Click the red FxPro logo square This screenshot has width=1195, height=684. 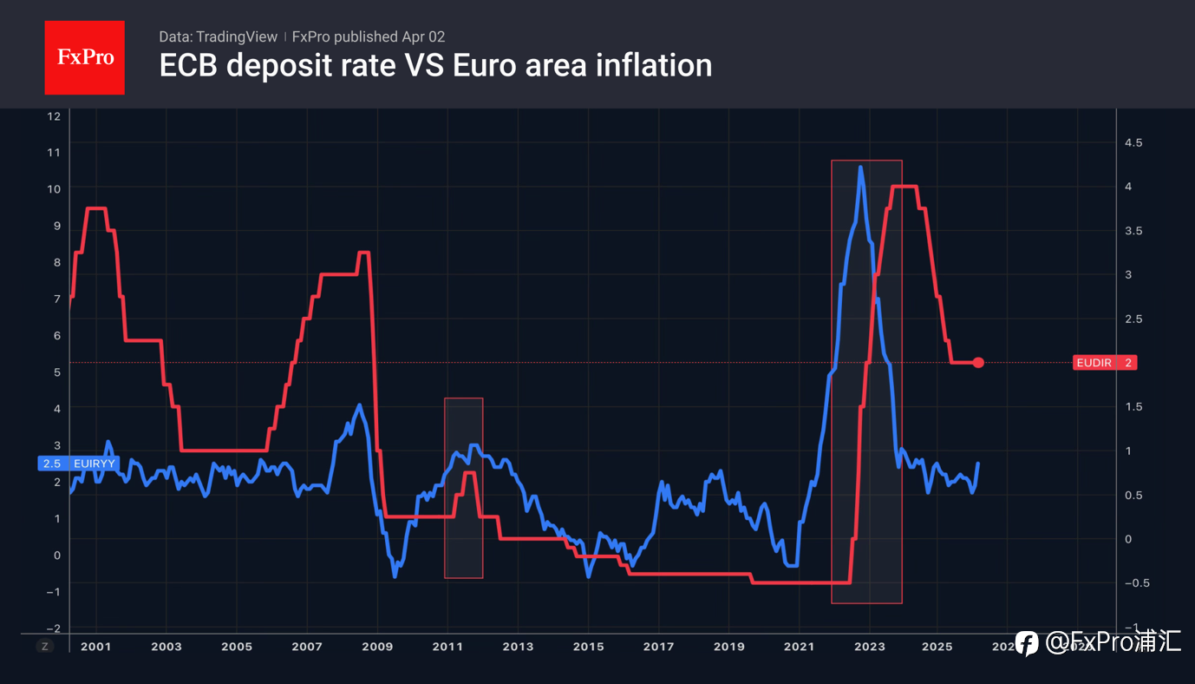coord(84,57)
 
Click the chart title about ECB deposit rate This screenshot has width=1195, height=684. coord(435,65)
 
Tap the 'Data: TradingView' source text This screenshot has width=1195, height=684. coord(218,36)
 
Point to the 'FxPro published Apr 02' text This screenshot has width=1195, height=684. coord(369,36)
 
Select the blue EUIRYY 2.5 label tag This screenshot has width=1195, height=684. coord(78,464)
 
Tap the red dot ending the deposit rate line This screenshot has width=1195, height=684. coord(978,363)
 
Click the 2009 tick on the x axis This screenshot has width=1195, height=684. coord(377,647)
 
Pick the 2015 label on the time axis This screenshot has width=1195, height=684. coord(588,647)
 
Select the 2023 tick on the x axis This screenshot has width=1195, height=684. coord(869,647)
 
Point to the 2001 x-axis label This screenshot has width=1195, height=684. coord(95,647)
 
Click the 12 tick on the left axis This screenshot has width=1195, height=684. coord(54,116)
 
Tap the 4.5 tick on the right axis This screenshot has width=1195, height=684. coord(1133,142)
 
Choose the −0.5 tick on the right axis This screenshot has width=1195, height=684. coord(1132,582)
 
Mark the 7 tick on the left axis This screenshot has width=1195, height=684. coord(56,299)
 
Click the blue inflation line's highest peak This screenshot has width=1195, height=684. coord(860,167)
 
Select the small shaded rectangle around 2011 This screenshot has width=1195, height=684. coord(463,488)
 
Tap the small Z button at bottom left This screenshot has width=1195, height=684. coord(44,646)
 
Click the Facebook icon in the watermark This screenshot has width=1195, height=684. coord(1027,643)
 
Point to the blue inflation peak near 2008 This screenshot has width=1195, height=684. coord(359,404)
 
